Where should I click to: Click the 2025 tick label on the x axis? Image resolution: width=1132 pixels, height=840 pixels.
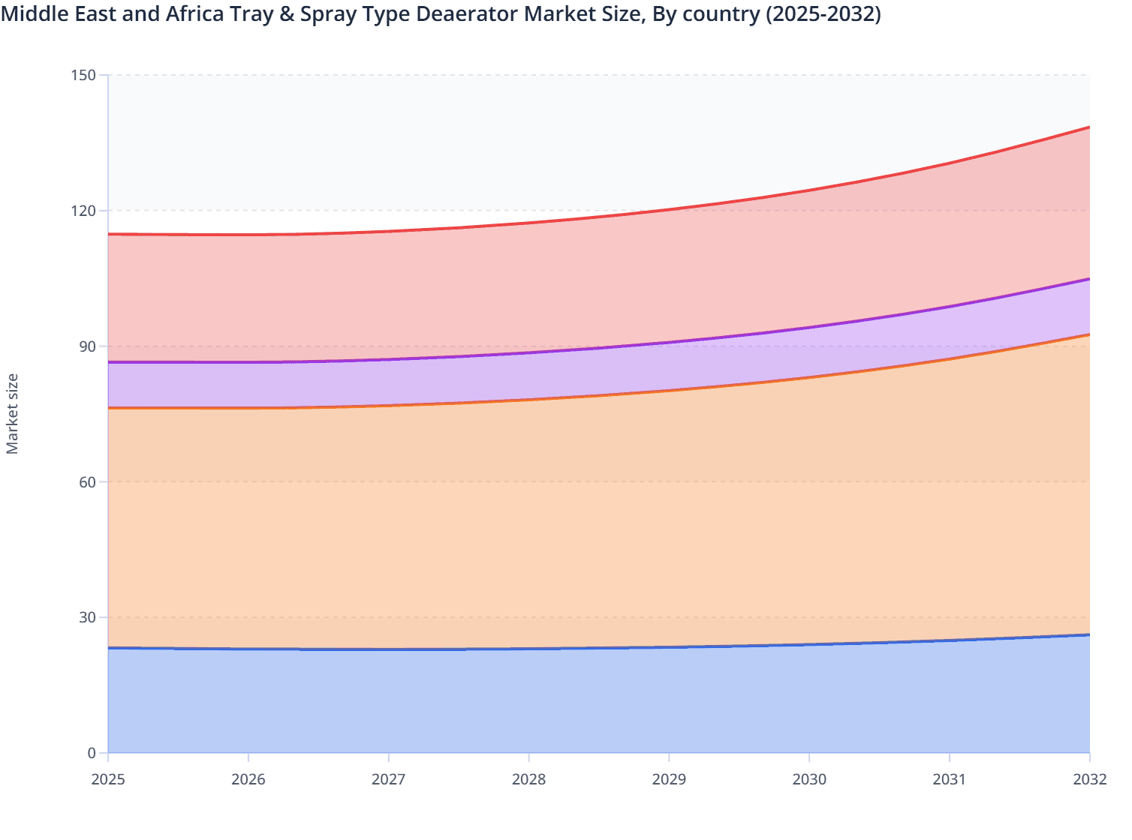tap(108, 779)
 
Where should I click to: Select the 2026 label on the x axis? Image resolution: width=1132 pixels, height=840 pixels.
tap(248, 779)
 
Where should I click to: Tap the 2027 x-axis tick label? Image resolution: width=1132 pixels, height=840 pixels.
tap(389, 779)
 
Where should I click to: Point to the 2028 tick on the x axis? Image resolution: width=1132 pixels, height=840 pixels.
tap(529, 779)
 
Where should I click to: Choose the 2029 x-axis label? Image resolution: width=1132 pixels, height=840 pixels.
tap(669, 779)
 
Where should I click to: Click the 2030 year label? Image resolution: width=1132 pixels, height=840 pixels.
tap(809, 779)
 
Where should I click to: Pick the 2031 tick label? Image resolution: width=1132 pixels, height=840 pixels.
tap(950, 779)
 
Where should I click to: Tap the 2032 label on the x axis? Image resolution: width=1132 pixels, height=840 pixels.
tap(1089, 779)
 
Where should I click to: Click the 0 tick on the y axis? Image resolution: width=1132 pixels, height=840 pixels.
tap(92, 753)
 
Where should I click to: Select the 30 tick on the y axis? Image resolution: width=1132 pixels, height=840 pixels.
tap(88, 617)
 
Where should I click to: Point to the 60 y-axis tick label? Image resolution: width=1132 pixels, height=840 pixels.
tap(88, 481)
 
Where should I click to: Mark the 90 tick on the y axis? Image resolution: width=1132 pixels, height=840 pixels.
tap(88, 346)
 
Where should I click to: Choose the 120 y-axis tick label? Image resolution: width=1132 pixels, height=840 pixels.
tap(85, 211)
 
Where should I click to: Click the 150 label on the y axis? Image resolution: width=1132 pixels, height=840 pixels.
tap(85, 75)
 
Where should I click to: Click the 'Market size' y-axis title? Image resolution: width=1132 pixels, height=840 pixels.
tap(13, 414)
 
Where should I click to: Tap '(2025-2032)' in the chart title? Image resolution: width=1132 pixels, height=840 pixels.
tap(823, 14)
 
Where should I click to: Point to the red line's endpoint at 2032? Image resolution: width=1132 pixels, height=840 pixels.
tap(1089, 127)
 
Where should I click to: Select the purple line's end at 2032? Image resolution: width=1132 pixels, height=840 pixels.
tap(1089, 279)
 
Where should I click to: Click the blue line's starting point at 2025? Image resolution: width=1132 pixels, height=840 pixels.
tap(109, 648)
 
